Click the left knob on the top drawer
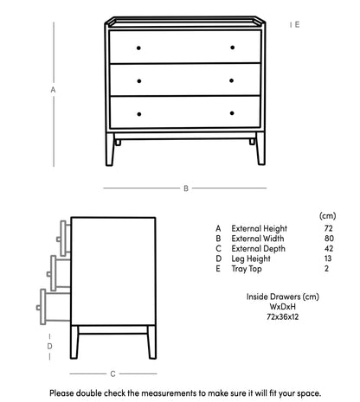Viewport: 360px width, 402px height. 138,48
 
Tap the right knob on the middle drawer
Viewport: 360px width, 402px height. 231,80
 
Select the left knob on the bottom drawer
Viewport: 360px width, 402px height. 139,114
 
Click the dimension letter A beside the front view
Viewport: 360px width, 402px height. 53,90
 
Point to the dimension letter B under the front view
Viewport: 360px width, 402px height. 186,188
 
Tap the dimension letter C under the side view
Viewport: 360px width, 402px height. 112,374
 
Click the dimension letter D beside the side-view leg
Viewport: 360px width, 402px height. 49,347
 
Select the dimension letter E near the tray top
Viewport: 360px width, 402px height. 297,25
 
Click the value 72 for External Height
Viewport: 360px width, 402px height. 328,228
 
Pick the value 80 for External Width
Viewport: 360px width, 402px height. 329,239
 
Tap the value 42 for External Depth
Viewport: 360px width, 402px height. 329,249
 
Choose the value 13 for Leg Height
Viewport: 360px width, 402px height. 328,258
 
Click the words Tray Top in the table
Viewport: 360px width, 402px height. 247,269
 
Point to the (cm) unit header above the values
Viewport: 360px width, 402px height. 328,216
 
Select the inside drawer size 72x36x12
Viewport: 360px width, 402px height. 283,317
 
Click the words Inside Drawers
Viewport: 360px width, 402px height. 273,297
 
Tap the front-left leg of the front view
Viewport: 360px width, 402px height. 110,149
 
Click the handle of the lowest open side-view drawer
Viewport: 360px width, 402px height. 38,308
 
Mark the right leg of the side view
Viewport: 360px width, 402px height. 151,342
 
